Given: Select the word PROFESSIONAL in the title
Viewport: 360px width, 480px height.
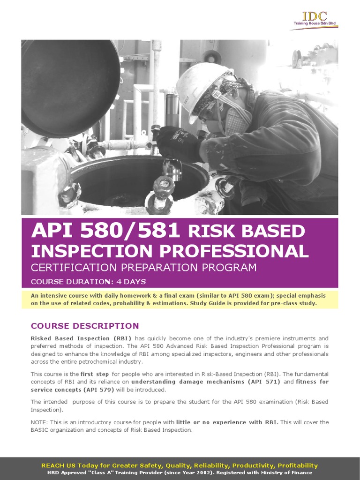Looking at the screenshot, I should pos(234,251).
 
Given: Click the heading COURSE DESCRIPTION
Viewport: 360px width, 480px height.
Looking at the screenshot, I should pos(85,326).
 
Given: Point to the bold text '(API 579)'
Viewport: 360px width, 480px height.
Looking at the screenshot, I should pos(97,390).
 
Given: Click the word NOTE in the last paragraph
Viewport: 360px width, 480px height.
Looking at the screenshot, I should pos(40,422).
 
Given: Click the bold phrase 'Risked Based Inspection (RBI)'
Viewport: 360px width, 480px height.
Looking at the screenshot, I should pos(81,338).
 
